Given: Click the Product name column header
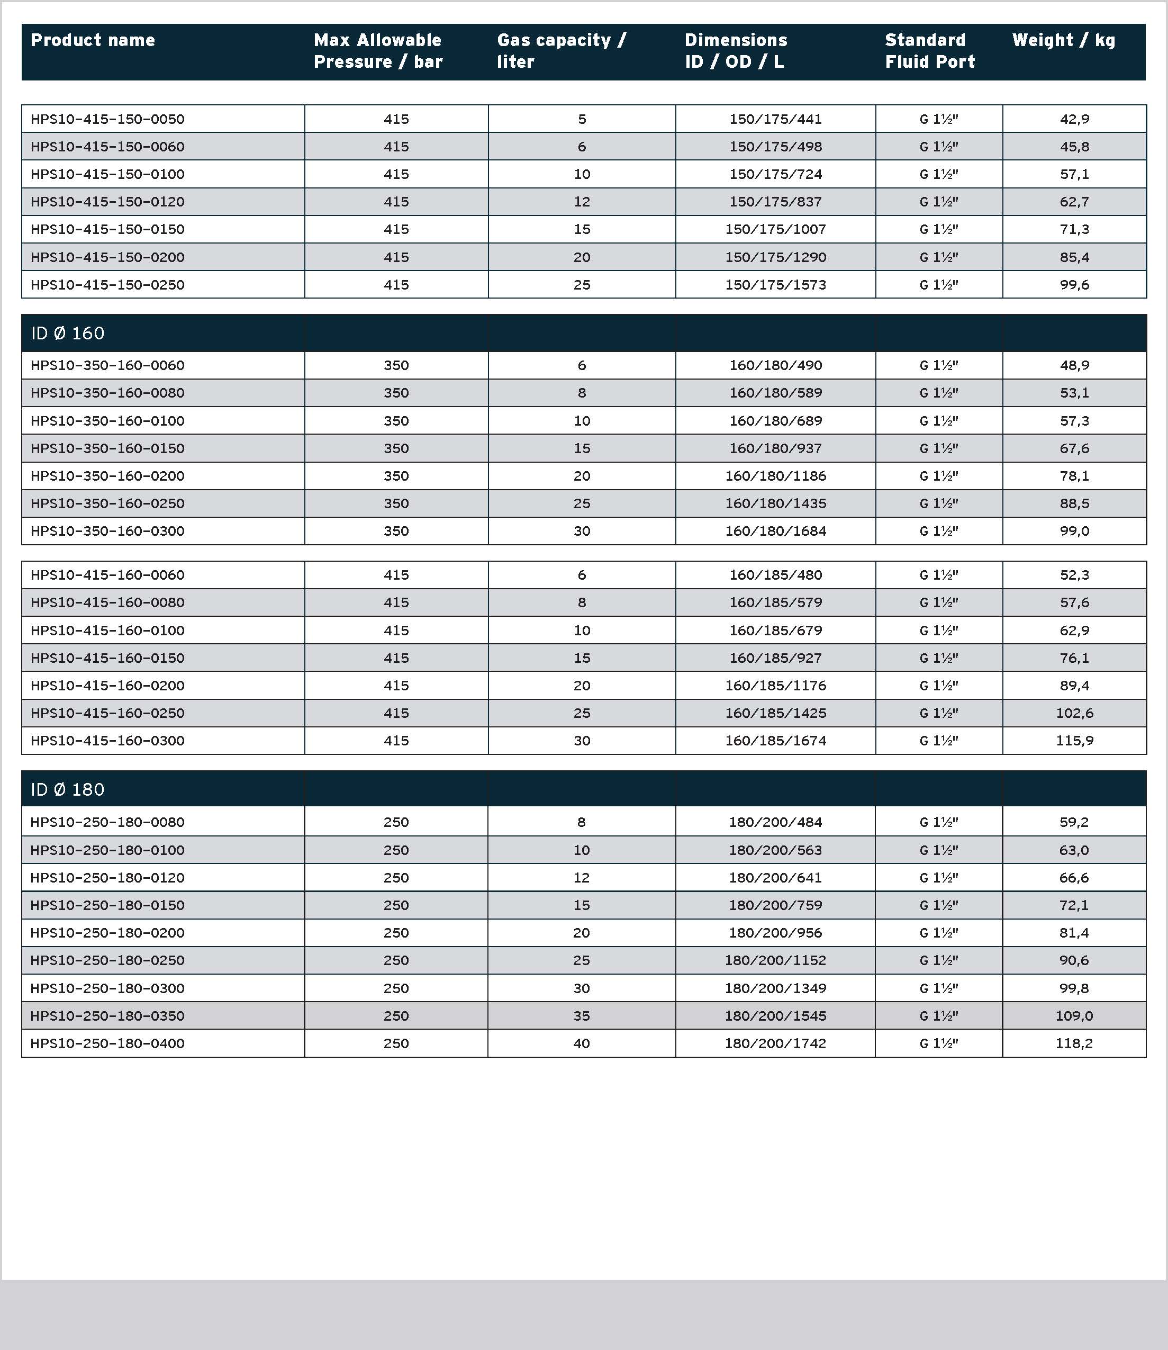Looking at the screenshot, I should point(93,40).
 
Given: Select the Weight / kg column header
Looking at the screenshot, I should point(1063,40).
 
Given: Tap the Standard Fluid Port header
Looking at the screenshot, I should point(929,51).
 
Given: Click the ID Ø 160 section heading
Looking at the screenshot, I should point(68,333).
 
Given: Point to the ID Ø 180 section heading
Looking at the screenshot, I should point(68,789).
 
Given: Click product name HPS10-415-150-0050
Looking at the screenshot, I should point(107,119).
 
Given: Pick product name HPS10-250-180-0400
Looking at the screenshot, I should point(107,1043).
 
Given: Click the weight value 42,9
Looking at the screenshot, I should point(1074,119).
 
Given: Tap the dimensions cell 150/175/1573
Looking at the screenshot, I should point(776,285).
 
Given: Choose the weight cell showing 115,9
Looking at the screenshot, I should point(1074,741).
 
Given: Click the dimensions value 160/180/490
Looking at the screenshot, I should point(776,366).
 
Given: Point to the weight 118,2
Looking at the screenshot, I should point(1074,1043).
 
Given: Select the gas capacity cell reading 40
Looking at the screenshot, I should point(582,1043).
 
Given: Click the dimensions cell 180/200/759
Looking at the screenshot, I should point(776,905).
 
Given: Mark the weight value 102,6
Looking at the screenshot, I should point(1074,713).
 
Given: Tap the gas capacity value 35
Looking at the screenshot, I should point(582,1015).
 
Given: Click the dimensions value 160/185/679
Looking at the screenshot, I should point(776,631).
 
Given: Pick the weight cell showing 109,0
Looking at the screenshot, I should point(1074,1015).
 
